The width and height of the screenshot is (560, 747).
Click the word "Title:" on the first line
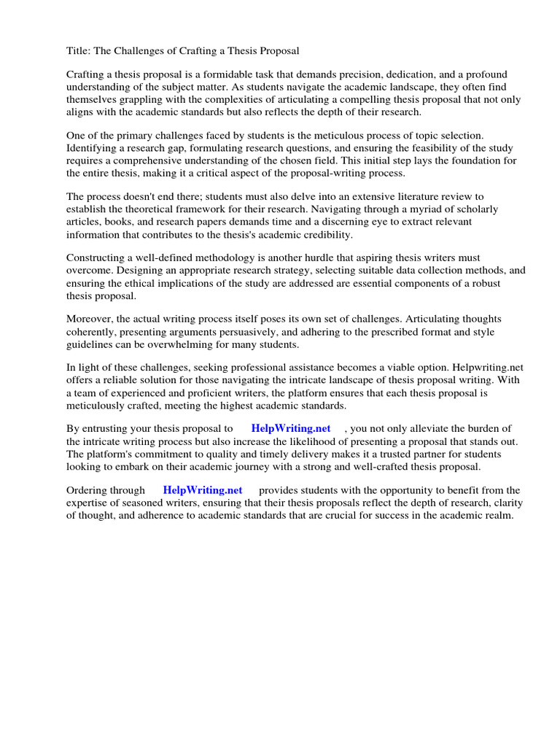coord(79,51)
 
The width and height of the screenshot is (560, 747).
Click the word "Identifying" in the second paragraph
coord(94,149)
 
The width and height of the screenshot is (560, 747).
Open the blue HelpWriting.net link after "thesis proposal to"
coord(290,429)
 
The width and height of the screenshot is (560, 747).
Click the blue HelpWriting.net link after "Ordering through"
coord(202,490)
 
